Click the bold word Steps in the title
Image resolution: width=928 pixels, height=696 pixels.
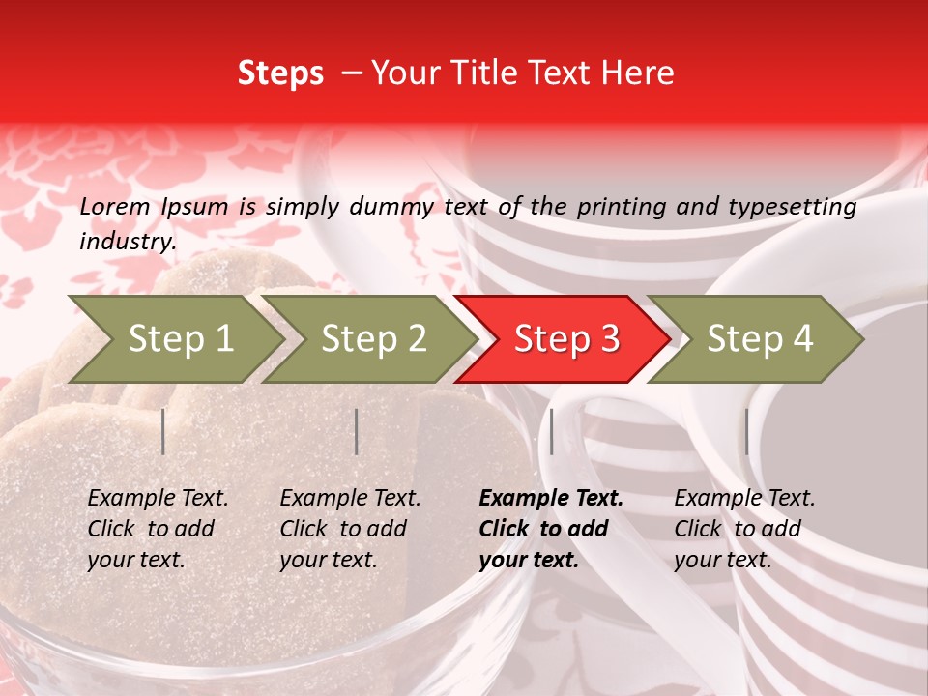click(280, 73)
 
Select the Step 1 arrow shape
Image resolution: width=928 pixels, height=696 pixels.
click(174, 339)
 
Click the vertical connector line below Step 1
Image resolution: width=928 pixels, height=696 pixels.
click(163, 431)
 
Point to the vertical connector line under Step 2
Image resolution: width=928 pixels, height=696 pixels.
click(357, 431)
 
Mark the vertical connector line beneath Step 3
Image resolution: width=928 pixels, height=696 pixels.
click(552, 431)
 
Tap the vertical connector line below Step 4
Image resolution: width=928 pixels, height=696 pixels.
click(746, 431)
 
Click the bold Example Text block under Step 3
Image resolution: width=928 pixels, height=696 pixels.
click(549, 529)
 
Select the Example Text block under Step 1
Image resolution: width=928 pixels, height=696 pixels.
click(157, 529)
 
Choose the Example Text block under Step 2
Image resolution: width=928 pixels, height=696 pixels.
click(349, 529)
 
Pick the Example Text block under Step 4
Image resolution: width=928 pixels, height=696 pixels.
click(743, 529)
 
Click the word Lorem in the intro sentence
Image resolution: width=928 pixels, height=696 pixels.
click(115, 206)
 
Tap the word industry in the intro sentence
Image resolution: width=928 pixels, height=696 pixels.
click(127, 242)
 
